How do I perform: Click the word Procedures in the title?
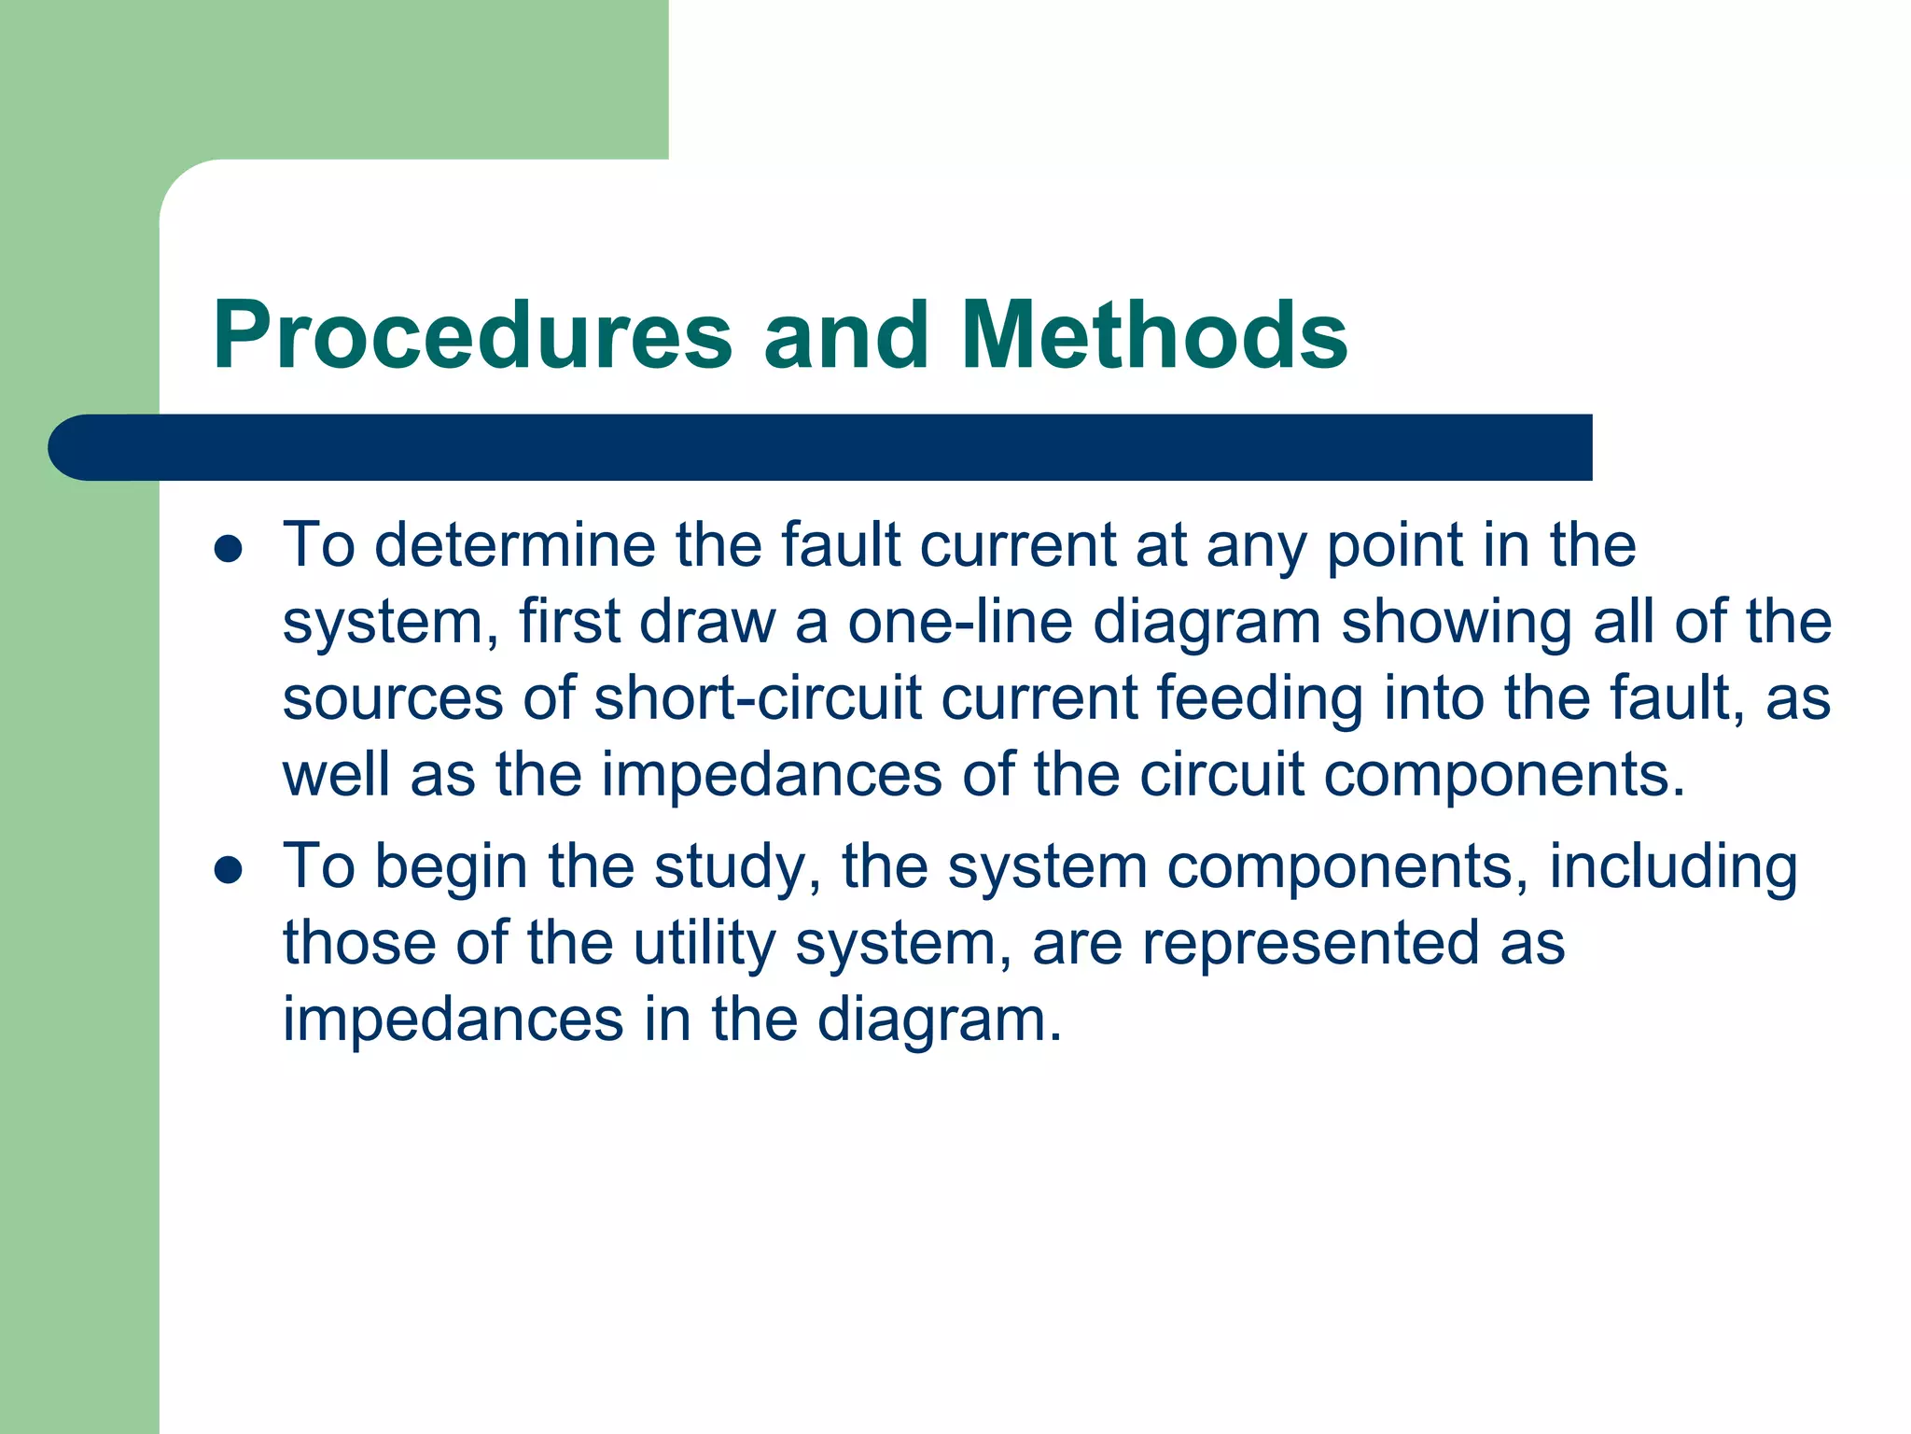coord(472,336)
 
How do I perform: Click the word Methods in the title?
coord(1153,336)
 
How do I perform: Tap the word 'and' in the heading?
coord(845,336)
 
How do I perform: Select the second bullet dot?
coord(229,870)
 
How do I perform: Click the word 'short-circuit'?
coord(757,698)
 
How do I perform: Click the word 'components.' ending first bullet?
coord(1504,775)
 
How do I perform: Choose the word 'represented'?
coord(1310,944)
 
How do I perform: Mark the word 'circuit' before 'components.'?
coord(1221,775)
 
